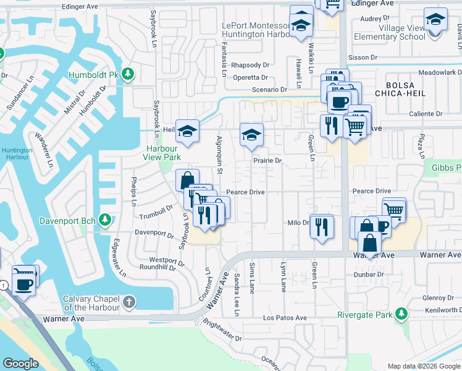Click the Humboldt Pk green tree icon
128,75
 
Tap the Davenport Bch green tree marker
106,220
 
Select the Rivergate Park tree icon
402,314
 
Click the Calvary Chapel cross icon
128,302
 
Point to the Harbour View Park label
162,153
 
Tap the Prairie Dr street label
267,161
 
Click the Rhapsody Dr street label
250,65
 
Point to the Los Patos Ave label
285,318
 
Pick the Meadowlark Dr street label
439,72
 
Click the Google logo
21,363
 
